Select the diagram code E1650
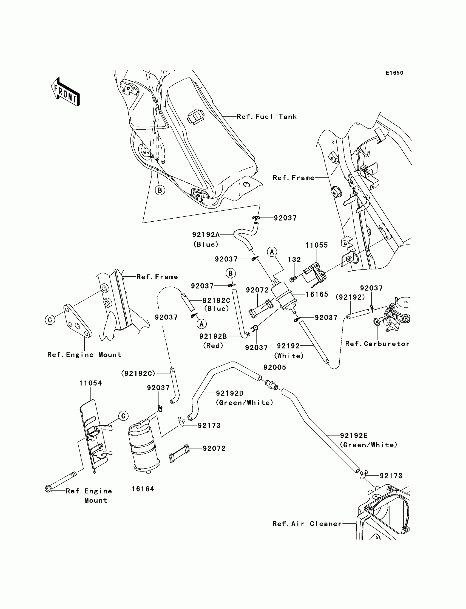click(394, 73)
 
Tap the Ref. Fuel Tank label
click(266, 117)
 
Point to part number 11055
click(317, 245)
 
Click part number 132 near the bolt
click(294, 259)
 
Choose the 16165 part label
click(317, 295)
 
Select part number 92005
click(275, 367)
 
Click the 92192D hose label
click(230, 393)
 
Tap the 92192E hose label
click(354, 436)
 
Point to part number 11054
click(90, 383)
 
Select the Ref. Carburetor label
click(377, 344)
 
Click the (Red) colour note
click(213, 346)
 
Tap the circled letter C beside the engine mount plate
click(50, 320)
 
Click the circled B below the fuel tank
click(160, 190)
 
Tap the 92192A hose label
click(206, 235)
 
